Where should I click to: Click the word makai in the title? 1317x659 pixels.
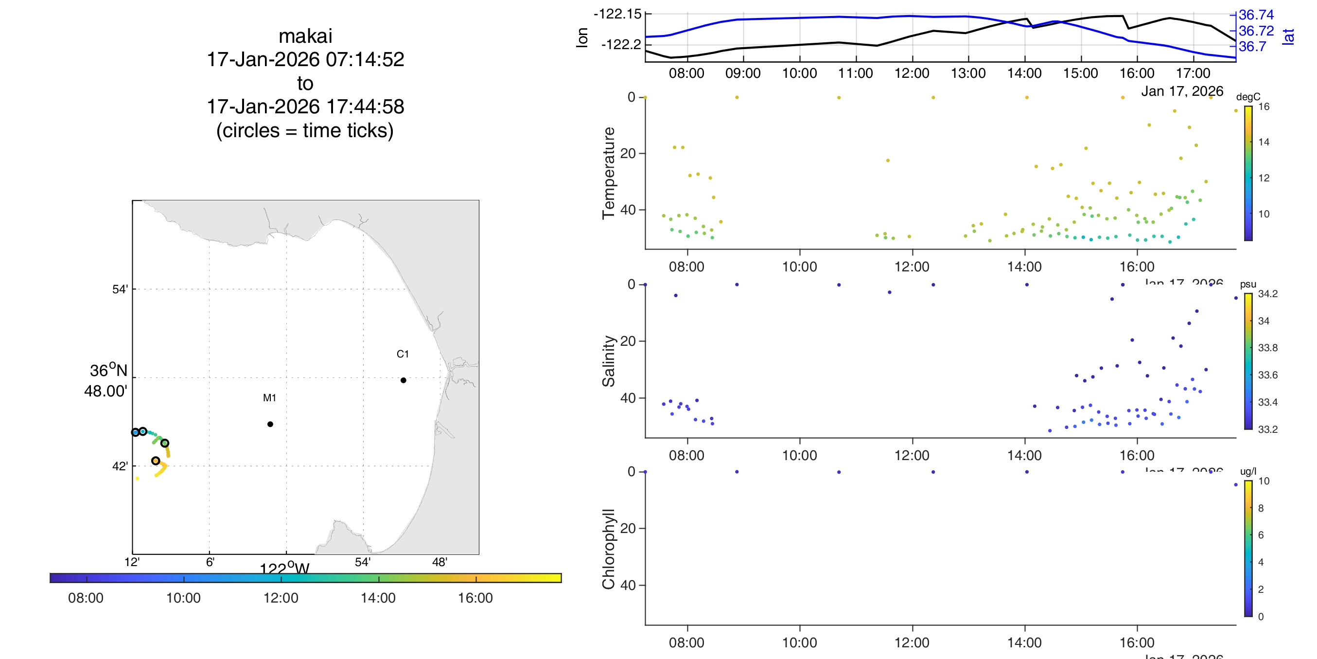coord(305,36)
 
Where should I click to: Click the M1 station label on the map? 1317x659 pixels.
coord(269,397)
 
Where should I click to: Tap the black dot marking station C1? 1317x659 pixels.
coord(404,380)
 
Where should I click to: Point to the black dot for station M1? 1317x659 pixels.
coord(270,424)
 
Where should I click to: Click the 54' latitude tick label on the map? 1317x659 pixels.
coord(120,289)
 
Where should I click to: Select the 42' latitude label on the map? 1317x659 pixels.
coord(120,466)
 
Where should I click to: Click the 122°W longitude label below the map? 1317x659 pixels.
coord(284,569)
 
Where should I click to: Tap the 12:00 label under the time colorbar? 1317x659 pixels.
coord(281,598)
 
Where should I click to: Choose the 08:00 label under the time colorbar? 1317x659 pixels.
coord(86,598)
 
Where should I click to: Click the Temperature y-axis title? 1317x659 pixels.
coord(608,173)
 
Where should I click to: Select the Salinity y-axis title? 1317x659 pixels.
coord(608,361)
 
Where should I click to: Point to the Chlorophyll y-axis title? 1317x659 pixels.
coord(608,549)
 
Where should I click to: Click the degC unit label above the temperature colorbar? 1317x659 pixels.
coord(1248,97)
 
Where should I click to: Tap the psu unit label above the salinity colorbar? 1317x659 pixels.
coord(1248,284)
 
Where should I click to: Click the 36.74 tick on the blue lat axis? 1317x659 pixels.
coord(1256,15)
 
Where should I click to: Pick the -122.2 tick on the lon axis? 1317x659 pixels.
coord(621,45)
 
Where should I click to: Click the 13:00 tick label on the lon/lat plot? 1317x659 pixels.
coord(968,73)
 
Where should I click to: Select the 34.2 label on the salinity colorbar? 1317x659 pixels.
coord(1267,294)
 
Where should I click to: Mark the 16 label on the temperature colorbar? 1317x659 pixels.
coord(1264,107)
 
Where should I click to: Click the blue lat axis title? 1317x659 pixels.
coord(1288,36)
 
